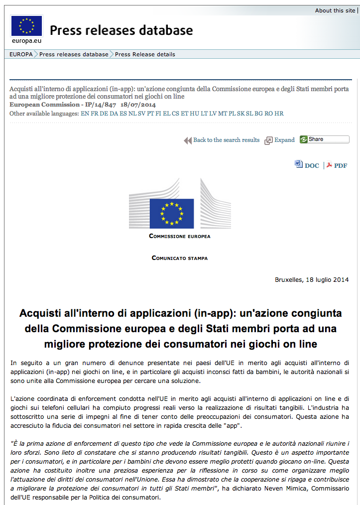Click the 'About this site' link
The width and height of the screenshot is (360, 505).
[335, 10]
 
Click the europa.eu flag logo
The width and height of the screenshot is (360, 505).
[26, 26]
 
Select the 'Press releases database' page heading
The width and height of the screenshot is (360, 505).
[121, 30]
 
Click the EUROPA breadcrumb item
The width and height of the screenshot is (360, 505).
[21, 54]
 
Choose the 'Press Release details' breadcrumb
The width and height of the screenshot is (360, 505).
[145, 54]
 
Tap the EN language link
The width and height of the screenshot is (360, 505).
[85, 114]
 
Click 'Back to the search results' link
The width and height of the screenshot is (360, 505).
[226, 140]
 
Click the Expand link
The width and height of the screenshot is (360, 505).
[284, 140]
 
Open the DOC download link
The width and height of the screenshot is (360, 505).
[311, 165]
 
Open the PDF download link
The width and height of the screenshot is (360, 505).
[340, 165]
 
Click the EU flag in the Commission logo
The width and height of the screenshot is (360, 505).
[171, 213]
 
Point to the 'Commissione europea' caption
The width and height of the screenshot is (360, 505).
[180, 236]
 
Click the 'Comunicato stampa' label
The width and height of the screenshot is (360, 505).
[180, 258]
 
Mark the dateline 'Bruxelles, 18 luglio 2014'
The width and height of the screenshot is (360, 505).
[312, 279]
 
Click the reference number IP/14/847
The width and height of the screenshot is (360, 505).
[101, 105]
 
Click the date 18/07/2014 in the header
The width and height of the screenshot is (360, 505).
[138, 105]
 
